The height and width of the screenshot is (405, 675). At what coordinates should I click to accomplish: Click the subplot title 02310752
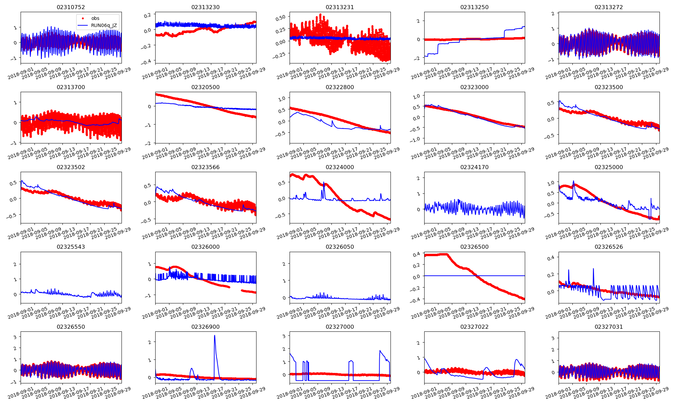(71, 7)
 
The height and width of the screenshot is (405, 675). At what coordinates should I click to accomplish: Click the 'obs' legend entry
(95, 18)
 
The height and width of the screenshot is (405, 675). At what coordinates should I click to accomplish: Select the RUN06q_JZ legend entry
(104, 25)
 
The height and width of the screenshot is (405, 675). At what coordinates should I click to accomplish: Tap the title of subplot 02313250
(474, 7)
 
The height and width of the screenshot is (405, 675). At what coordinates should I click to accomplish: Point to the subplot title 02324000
(340, 167)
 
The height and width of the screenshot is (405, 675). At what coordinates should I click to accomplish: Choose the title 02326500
(474, 247)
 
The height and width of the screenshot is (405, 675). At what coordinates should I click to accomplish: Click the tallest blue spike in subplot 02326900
(215, 336)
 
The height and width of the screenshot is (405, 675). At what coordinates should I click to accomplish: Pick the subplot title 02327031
(609, 327)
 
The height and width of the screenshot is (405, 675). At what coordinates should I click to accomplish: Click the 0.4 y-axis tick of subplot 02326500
(417, 254)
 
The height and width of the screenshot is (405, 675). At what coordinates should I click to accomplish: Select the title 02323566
(205, 167)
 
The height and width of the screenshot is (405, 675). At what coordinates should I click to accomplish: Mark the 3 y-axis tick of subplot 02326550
(15, 337)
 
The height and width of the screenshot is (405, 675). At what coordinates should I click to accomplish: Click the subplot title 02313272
(609, 7)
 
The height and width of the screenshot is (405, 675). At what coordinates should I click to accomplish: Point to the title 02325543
(71, 247)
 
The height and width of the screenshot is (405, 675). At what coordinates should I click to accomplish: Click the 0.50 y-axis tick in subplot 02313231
(281, 17)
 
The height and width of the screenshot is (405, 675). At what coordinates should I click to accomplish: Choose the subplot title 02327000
(340, 327)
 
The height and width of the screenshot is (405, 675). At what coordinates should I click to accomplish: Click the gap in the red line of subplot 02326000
(236, 289)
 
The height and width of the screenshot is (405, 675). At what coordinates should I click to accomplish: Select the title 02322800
(340, 87)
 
